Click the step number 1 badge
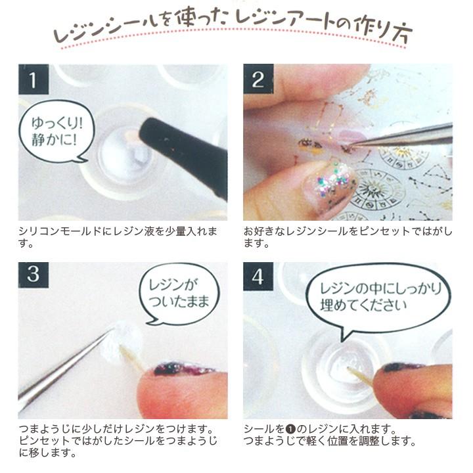pyautogui.click(x=34, y=79)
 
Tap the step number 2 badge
pyautogui.click(x=259, y=79)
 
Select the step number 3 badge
pyautogui.click(x=34, y=275)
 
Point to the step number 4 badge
pyautogui.click(x=258, y=276)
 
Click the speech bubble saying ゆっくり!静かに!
pyautogui.click(x=56, y=131)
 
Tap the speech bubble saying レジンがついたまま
pyautogui.click(x=179, y=294)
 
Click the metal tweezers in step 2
pyautogui.click(x=401, y=137)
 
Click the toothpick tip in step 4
pyautogui.click(x=348, y=369)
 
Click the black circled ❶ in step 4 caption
pyautogui.click(x=290, y=429)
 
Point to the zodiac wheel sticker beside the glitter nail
pyautogui.click(x=376, y=189)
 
